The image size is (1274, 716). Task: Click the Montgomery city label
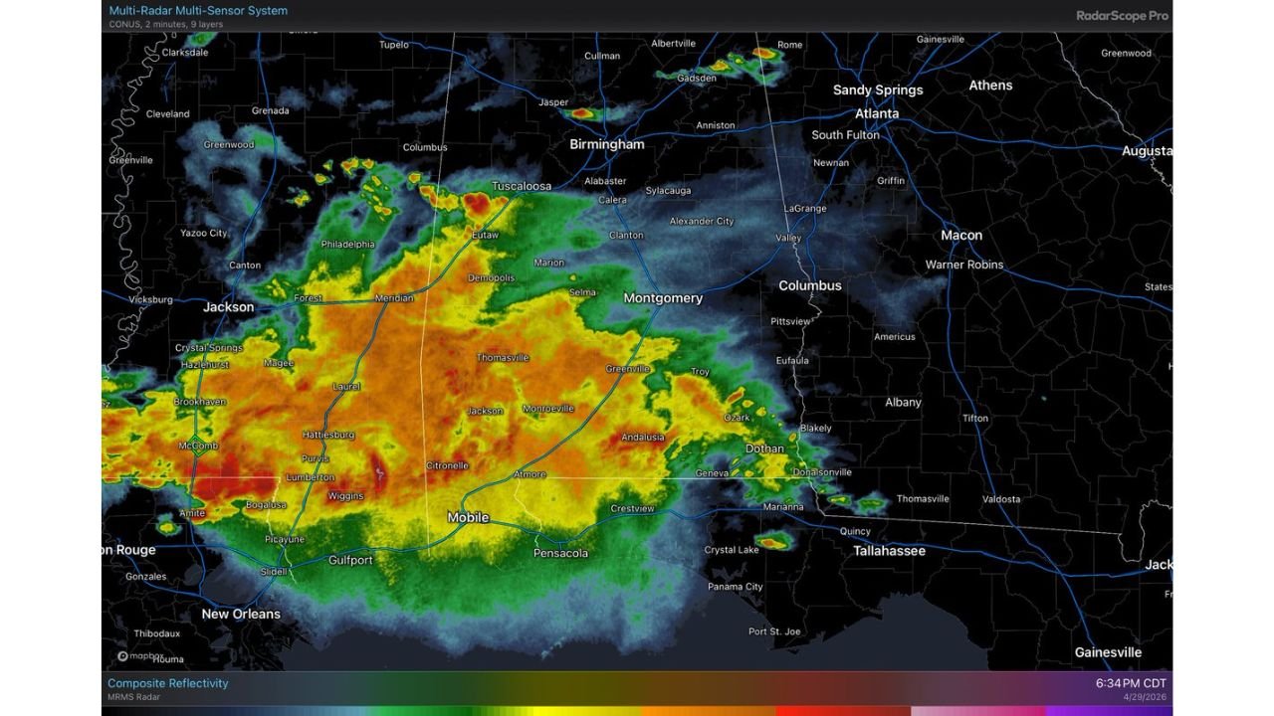pos(663,298)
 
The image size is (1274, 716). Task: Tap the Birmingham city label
pos(606,144)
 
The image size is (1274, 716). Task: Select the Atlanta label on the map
pos(877,113)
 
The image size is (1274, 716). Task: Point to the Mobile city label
pos(468,517)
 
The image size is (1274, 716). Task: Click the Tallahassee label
pos(889,551)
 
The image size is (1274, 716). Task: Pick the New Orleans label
pos(241,614)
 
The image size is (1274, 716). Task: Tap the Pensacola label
pos(560,553)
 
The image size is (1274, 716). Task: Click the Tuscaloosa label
pos(522,186)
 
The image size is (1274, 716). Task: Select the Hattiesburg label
pos(328,435)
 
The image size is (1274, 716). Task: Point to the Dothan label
pos(764,448)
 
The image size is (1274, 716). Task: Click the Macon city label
pos(961,236)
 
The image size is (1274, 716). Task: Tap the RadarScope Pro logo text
pos(1122,15)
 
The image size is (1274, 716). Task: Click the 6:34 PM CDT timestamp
pos(1131,683)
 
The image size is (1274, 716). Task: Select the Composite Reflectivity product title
pos(167,683)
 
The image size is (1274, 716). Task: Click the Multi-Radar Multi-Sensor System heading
pos(198,11)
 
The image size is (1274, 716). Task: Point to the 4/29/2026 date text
pos(1145,697)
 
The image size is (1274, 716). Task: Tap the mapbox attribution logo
pos(136,655)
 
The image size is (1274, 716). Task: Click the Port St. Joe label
pos(774,631)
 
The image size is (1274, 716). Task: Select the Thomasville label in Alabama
pos(503,357)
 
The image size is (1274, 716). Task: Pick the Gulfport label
pos(350,561)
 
